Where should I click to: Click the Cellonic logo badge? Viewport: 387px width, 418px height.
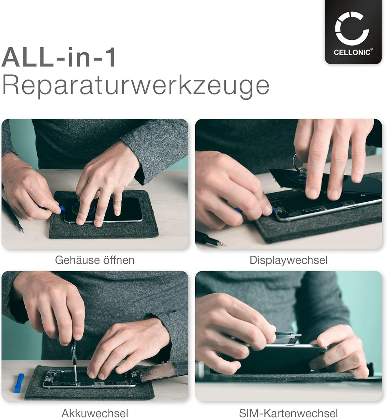(353, 32)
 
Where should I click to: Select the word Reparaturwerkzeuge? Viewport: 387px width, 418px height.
(135, 86)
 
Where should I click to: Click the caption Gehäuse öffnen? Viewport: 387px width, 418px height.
(95, 260)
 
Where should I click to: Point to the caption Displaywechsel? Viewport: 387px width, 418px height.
(288, 260)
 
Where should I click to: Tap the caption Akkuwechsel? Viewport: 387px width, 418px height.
(95, 413)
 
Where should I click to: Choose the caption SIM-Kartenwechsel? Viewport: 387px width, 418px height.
(288, 413)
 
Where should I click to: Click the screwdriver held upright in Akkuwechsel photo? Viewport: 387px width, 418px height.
(74, 355)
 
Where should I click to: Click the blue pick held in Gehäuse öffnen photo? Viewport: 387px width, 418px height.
(62, 208)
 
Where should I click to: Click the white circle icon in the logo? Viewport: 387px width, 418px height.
(352, 28)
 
